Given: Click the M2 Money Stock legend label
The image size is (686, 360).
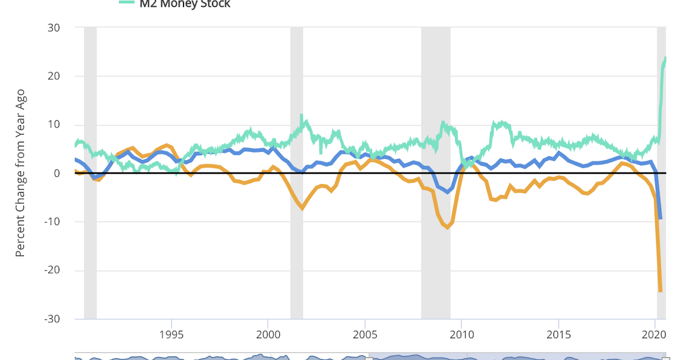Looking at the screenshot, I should click(185, 4).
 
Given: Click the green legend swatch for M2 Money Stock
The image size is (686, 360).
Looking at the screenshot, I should click(126, 2).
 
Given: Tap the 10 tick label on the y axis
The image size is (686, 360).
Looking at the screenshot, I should click(57, 125).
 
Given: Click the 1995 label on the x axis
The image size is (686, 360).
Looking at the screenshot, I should click(171, 335).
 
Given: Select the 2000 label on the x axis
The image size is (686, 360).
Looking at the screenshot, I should click(268, 335).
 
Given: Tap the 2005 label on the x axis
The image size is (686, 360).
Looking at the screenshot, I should click(364, 335).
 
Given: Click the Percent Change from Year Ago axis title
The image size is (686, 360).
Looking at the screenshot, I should click(20, 173).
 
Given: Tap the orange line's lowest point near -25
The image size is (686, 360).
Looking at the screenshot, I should click(661, 291).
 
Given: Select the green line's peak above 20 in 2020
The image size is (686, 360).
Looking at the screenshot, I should click(665, 58).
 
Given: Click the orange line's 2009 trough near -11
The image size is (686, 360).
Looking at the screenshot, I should click(448, 227).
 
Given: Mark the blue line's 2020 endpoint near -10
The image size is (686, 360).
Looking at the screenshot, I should click(661, 218).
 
